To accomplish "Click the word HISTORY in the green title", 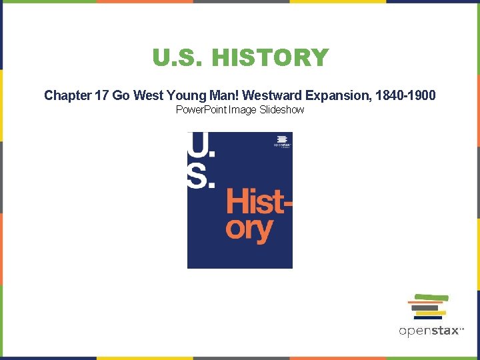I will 270,58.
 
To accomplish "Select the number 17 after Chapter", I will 102,95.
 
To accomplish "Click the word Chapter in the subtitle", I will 67,95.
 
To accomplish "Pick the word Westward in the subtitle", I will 270,95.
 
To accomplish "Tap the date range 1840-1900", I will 405,95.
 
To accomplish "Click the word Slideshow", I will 279,109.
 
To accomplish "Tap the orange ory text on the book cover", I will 249,229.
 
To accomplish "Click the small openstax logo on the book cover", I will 282,142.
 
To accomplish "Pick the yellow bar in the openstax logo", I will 431,313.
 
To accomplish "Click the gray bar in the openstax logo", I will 425,307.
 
